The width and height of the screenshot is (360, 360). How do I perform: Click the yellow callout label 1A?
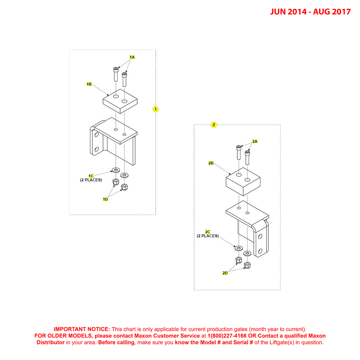(x=132, y=57)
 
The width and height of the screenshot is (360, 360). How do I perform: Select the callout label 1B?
(x=89, y=84)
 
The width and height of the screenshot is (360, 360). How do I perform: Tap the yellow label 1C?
(x=91, y=176)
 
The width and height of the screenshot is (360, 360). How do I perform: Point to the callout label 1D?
(x=105, y=199)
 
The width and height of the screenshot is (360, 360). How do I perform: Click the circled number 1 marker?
(x=156, y=109)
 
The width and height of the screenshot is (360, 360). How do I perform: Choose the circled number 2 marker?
(x=214, y=125)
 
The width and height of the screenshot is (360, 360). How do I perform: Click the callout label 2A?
(x=255, y=141)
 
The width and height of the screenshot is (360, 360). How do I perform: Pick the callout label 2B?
(x=211, y=163)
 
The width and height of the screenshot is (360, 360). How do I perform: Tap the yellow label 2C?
(x=208, y=232)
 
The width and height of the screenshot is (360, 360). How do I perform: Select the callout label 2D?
(x=225, y=273)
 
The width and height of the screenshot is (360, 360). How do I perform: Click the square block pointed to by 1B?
(x=120, y=101)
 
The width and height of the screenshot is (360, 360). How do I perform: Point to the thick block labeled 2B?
(x=243, y=181)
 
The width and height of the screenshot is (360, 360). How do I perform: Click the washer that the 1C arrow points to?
(x=116, y=170)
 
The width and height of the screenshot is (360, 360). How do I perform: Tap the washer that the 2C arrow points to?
(x=239, y=248)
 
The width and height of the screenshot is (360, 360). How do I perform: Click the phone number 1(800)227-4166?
(x=227, y=336)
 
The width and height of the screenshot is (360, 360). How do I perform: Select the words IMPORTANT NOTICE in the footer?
(x=82, y=329)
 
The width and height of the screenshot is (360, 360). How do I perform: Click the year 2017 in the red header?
(x=341, y=12)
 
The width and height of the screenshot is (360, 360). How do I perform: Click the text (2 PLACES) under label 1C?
(x=91, y=180)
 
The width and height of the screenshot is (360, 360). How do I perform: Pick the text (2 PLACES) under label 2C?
(x=208, y=236)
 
